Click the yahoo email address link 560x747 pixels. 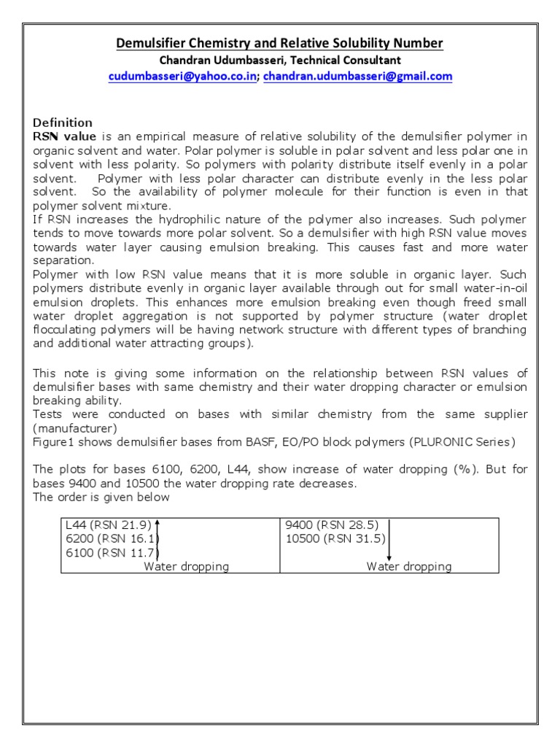click(x=182, y=77)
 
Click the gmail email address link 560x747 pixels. click(x=357, y=77)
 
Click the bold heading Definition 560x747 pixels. click(x=63, y=123)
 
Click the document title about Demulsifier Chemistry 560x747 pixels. click(x=280, y=44)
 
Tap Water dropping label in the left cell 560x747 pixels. click(x=186, y=566)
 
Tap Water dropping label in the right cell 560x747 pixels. click(x=408, y=566)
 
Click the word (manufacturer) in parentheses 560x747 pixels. click(x=75, y=428)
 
